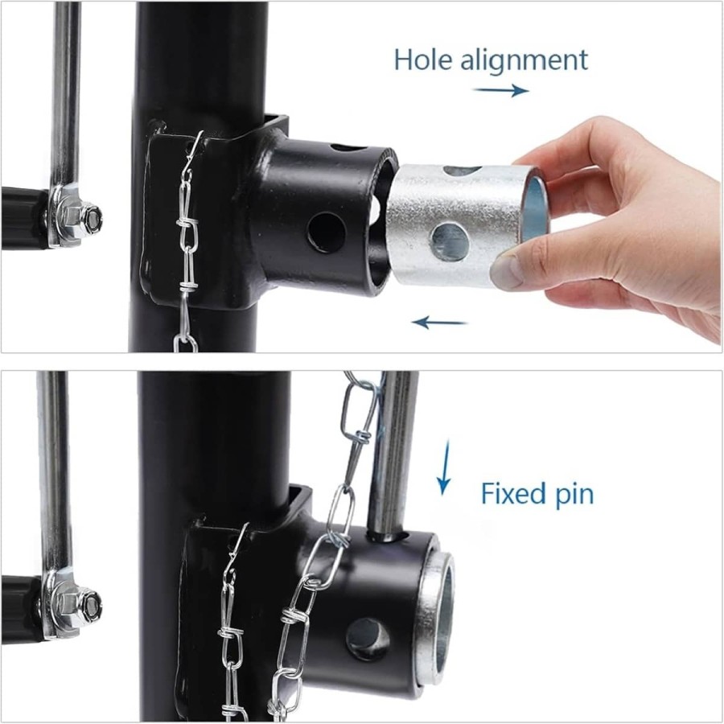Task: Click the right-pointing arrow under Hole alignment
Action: coord(501,90)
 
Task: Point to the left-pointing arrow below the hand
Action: coord(439,322)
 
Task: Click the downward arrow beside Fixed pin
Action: coord(443,467)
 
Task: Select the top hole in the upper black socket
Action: coord(348,148)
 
